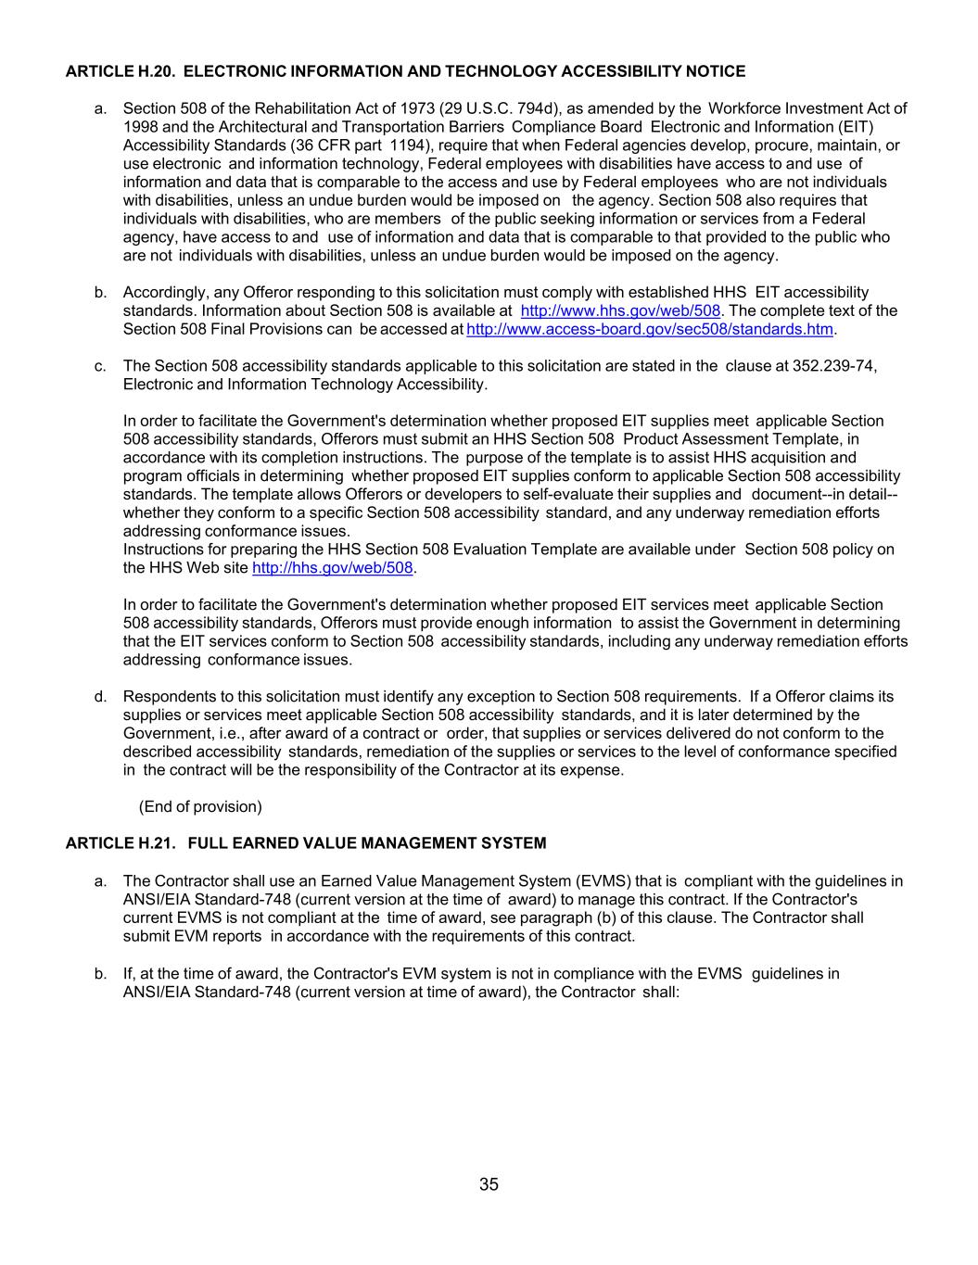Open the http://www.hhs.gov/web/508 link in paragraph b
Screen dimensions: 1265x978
pos(620,310)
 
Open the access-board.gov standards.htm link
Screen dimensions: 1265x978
pos(650,329)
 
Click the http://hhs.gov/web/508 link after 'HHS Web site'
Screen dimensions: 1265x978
pos(332,568)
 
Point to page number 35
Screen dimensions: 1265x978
pos(489,1184)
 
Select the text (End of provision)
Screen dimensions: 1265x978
pos(200,807)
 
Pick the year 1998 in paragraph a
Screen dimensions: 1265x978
pos(139,127)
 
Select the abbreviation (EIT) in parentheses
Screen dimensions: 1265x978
pos(857,127)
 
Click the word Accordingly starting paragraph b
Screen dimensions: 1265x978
pos(165,293)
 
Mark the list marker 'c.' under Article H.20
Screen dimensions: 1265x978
pos(100,366)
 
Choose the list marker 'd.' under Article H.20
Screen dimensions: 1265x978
pos(100,697)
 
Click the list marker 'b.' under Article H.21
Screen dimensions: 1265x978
pos(100,974)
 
